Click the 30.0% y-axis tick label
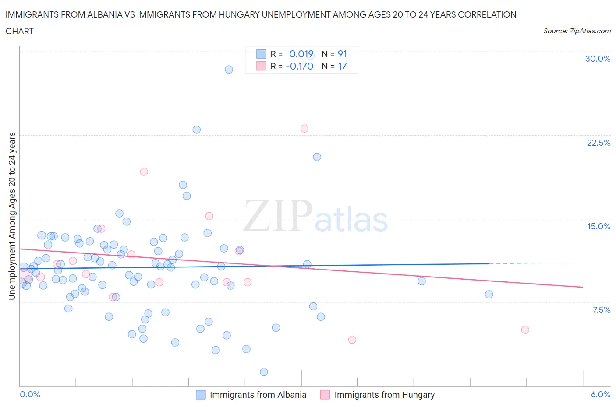point(598,59)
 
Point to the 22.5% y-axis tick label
point(598,143)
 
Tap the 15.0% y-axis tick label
point(598,226)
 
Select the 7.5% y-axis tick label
point(601,310)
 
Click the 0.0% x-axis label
point(30,394)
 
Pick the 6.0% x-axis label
point(600,394)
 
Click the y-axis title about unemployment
point(12,216)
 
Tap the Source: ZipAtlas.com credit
point(577,31)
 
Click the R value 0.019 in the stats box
point(301,54)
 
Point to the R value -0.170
point(300,66)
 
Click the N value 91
point(342,54)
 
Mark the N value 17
point(342,66)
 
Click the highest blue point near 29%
point(229,70)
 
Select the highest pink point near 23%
point(304,129)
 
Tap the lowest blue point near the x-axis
point(264,372)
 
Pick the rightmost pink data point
point(525,330)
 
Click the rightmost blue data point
point(489,295)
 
